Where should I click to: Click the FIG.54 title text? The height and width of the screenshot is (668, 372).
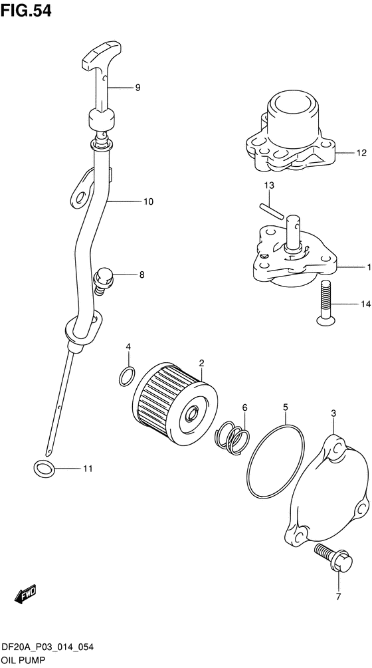point(26,11)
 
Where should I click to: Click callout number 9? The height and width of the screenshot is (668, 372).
point(138,88)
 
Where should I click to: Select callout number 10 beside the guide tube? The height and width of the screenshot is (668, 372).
point(147,201)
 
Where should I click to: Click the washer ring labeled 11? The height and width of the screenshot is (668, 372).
point(44,469)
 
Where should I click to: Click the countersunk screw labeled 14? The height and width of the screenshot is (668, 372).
point(324,304)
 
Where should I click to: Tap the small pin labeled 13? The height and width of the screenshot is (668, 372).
point(270,211)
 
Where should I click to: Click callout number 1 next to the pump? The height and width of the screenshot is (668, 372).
point(368,267)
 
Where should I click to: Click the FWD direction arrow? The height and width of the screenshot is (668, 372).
point(25,593)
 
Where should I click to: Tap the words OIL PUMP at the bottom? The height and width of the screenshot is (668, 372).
point(23,661)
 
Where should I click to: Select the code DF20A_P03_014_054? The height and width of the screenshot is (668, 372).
point(48,648)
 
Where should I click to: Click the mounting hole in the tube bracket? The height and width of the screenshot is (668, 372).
point(80,197)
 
